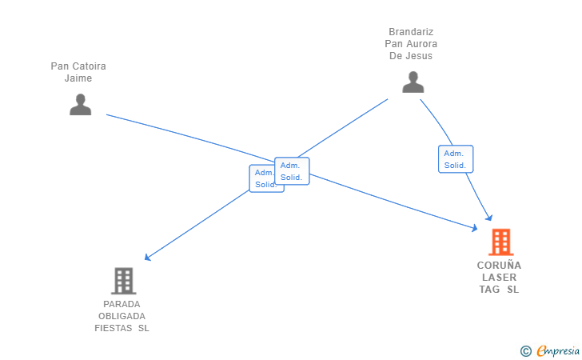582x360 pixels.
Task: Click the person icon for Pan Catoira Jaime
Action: coord(80,104)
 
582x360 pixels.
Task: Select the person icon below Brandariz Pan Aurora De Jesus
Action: coord(413,82)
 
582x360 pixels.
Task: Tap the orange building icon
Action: coord(500,242)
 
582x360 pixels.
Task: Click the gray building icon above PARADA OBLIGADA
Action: coord(124,281)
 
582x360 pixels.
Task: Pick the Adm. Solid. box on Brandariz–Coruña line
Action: coord(456,159)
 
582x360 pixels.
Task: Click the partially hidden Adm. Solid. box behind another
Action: coord(261,179)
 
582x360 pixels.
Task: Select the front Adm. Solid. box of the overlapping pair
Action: coord(292,171)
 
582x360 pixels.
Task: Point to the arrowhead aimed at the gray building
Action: coord(147,257)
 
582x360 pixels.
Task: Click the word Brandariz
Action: coord(411,32)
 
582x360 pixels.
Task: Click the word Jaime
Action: coord(78,78)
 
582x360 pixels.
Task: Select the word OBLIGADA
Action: coord(122,316)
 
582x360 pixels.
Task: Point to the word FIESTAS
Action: coord(114,329)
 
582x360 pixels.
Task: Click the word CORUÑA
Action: coord(499,265)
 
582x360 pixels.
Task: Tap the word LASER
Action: coord(499,278)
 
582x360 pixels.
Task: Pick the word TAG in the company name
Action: coord(489,290)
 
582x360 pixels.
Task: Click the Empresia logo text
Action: coord(558,350)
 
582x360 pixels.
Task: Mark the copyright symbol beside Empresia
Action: coord(525,351)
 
